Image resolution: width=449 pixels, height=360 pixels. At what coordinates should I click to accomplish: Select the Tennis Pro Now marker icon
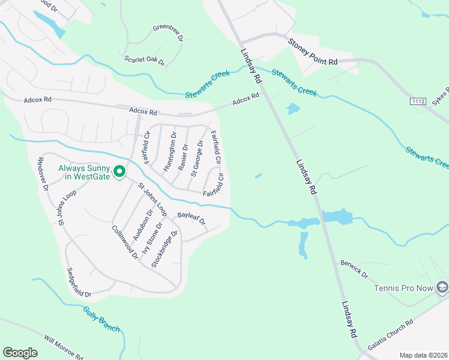[x=442, y=288]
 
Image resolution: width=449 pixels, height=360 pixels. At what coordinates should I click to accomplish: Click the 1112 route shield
[x=418, y=102]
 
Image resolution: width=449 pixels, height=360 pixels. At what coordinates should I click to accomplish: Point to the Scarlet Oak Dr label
[x=144, y=60]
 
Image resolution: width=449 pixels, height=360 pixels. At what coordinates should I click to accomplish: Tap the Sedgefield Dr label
[x=78, y=281]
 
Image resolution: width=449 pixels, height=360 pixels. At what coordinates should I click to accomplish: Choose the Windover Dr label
[x=43, y=174]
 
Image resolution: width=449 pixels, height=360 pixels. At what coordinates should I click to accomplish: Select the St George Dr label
[x=197, y=158]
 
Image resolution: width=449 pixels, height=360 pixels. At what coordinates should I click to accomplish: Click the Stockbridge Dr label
[x=165, y=248]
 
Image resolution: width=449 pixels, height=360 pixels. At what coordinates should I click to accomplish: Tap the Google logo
[x=20, y=353]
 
